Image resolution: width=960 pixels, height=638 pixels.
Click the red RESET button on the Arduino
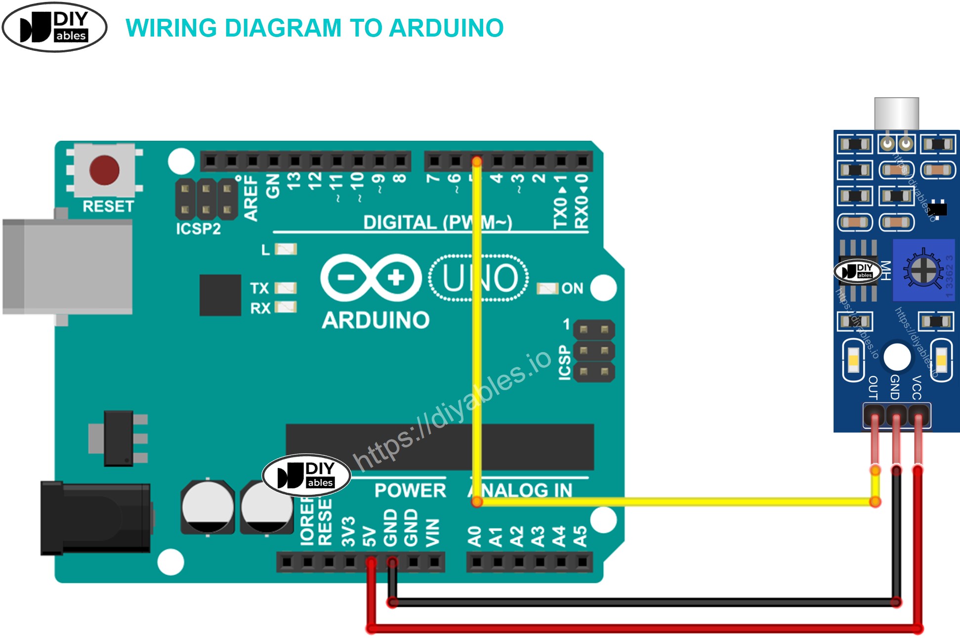tap(104, 170)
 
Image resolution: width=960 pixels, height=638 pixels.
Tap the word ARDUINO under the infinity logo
tap(376, 320)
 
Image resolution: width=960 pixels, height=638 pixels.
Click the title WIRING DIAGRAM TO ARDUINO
tap(314, 28)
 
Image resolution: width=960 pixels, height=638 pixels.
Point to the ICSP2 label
tap(198, 229)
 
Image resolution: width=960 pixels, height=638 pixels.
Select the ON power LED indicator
tap(547, 288)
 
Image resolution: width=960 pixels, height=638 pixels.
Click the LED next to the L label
tap(286, 249)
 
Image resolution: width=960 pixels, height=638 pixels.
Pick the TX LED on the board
tap(286, 288)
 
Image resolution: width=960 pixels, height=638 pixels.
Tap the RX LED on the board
tap(286, 308)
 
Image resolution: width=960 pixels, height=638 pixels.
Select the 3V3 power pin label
tap(348, 531)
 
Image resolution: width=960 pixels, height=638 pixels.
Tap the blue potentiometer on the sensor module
tap(922, 270)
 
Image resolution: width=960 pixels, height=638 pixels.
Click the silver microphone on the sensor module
tap(896, 113)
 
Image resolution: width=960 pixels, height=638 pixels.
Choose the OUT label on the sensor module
tap(873, 387)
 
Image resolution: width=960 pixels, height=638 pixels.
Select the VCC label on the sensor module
tap(917, 387)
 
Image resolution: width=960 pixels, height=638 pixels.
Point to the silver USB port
tap(67, 267)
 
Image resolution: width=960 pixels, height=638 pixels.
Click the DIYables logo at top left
tap(54, 28)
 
